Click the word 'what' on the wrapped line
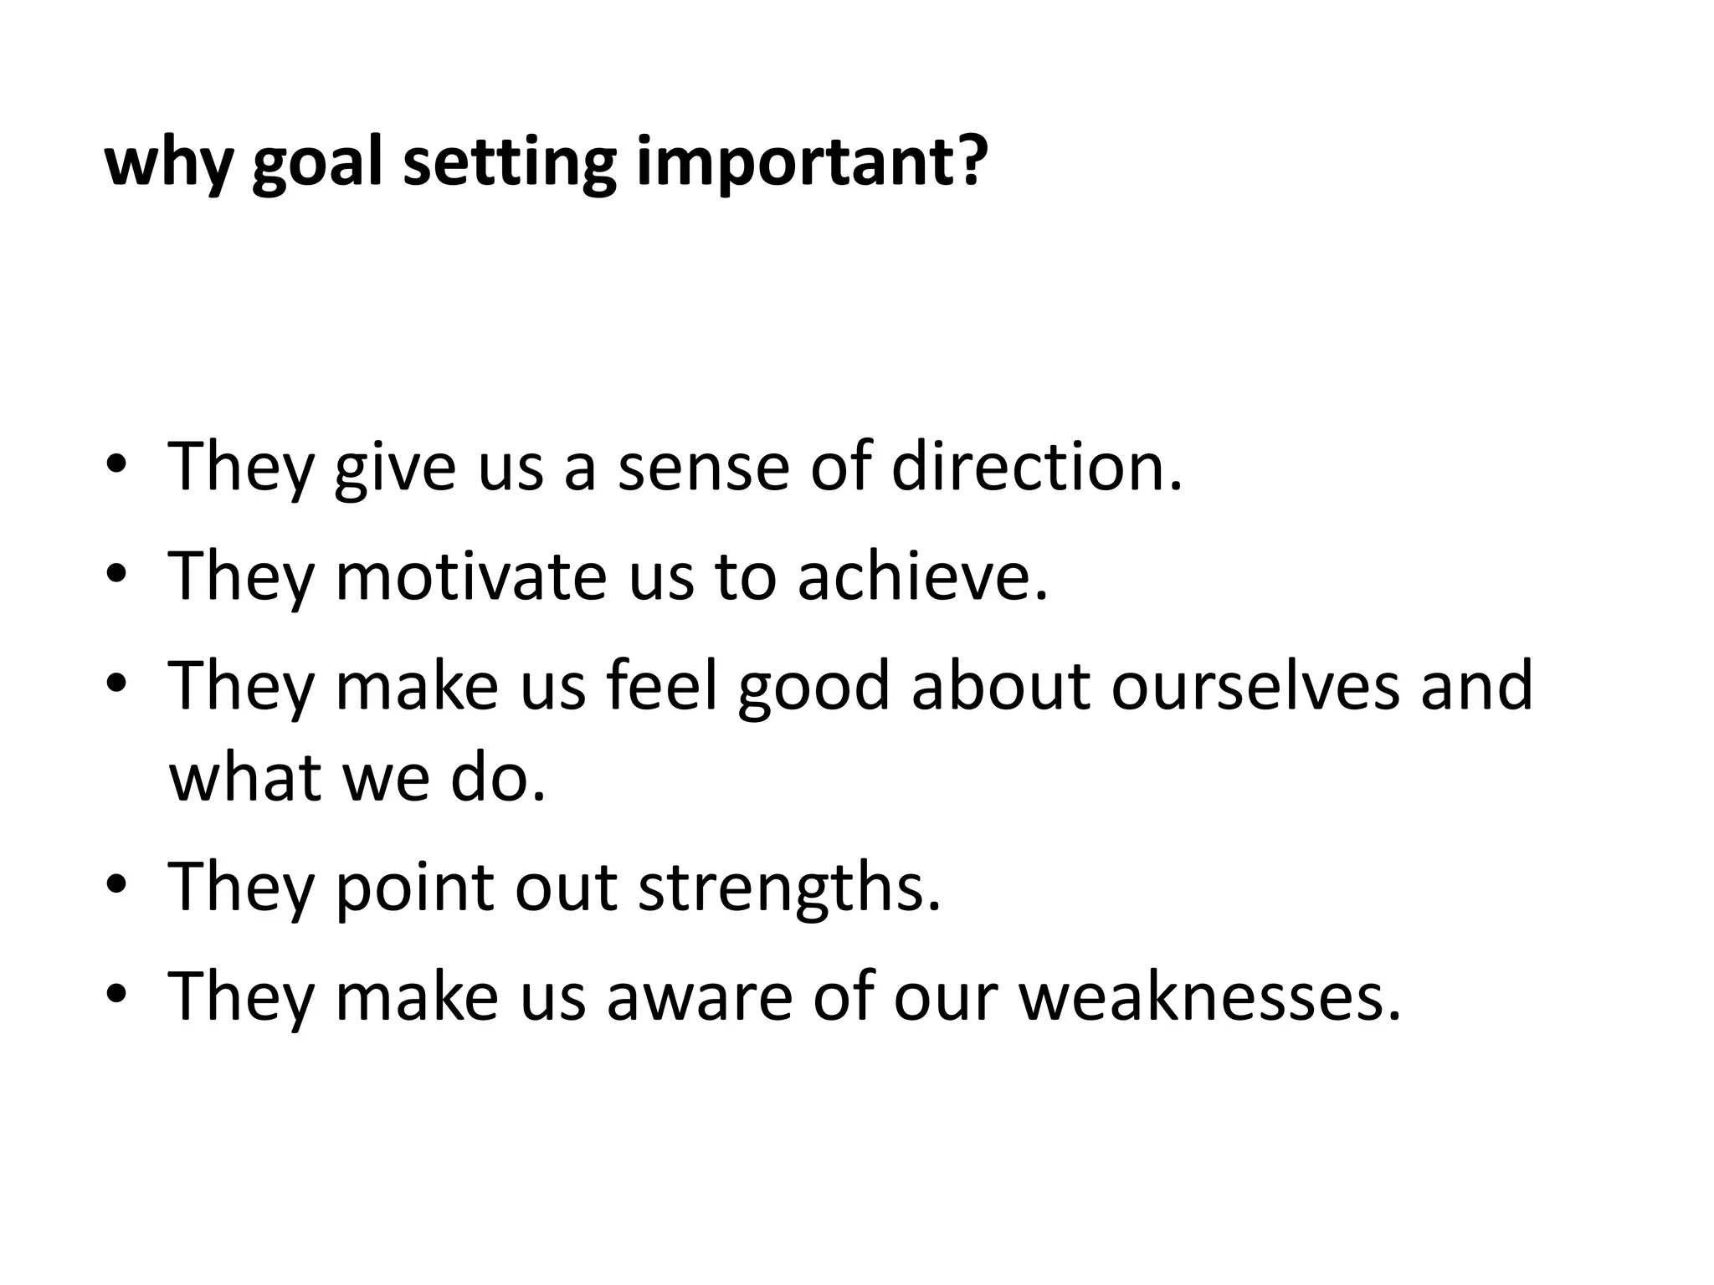pos(245,776)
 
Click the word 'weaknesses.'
pos(1209,996)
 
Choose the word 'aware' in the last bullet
pos(699,998)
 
